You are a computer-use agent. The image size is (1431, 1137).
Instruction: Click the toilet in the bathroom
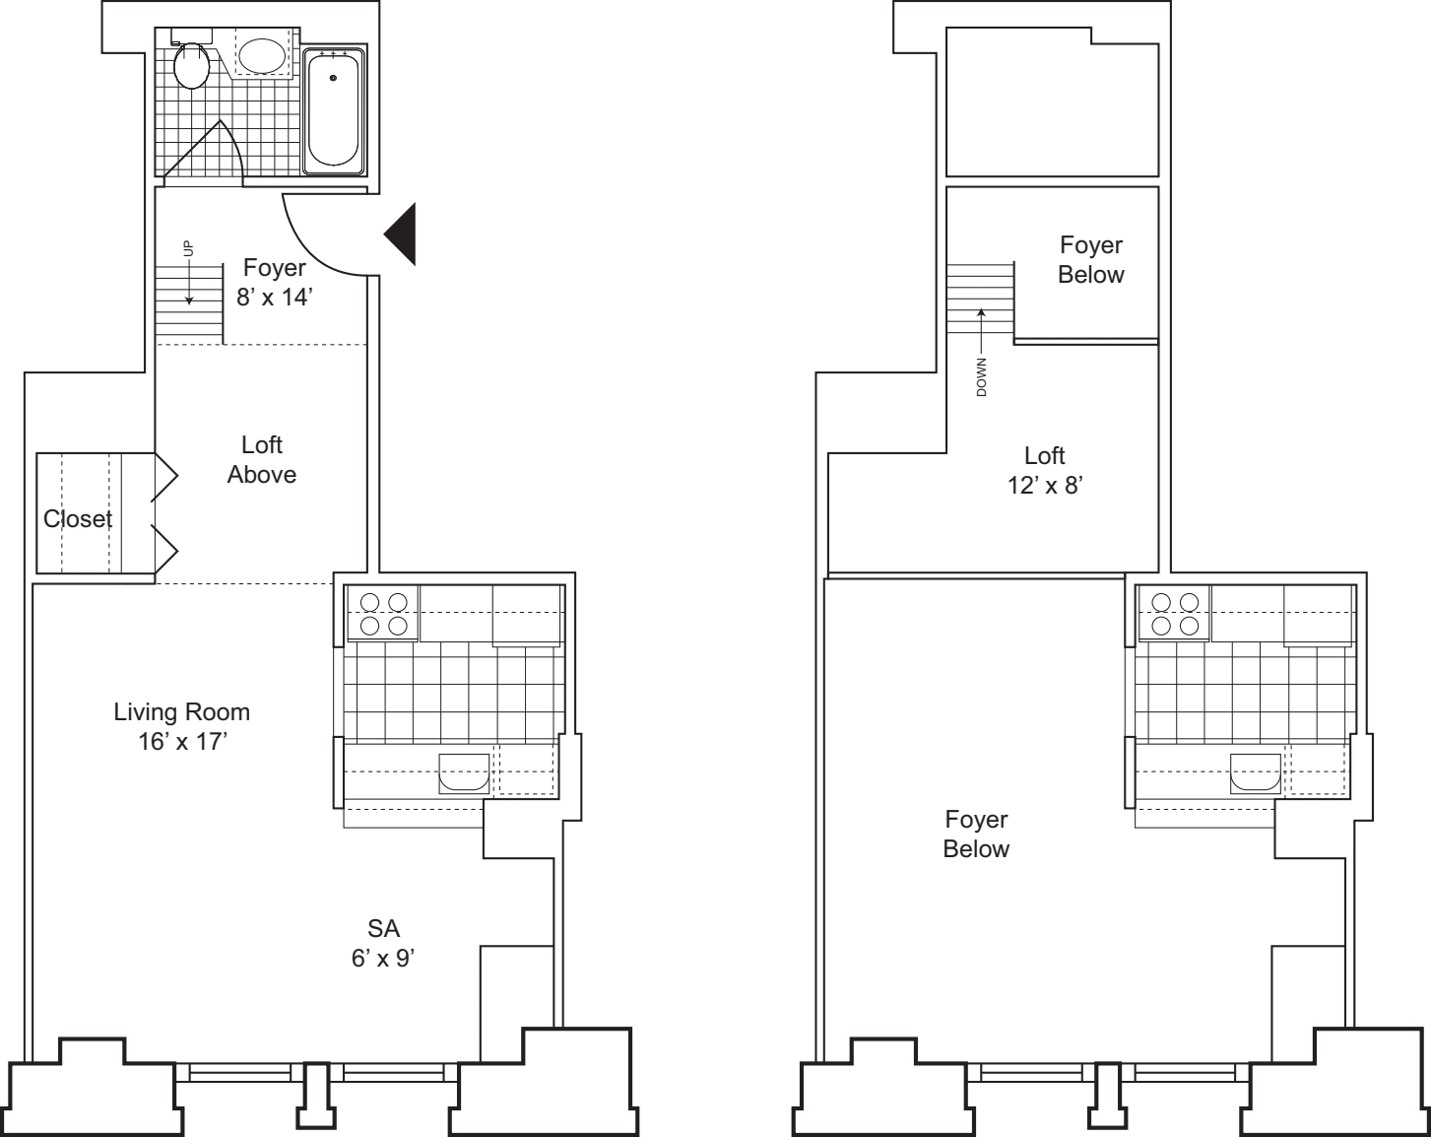click(191, 65)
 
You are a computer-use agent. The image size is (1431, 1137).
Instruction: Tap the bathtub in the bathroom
click(333, 110)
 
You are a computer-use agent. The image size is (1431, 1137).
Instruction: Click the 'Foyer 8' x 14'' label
click(274, 282)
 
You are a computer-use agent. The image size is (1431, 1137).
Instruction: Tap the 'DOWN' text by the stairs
click(981, 376)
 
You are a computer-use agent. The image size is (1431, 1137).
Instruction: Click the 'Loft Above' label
click(262, 460)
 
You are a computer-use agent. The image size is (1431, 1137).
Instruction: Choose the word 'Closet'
click(78, 519)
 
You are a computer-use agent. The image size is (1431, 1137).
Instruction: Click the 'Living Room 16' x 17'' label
click(182, 726)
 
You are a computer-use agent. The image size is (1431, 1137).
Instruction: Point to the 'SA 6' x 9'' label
click(383, 942)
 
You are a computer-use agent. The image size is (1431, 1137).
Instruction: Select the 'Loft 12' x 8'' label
click(1044, 470)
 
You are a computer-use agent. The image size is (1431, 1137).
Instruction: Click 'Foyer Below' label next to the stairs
click(1090, 260)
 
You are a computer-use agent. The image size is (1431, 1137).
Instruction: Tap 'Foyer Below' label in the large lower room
click(976, 834)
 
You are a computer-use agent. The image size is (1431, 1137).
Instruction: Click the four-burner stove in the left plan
click(383, 613)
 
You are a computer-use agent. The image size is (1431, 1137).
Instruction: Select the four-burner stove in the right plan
click(1175, 613)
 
